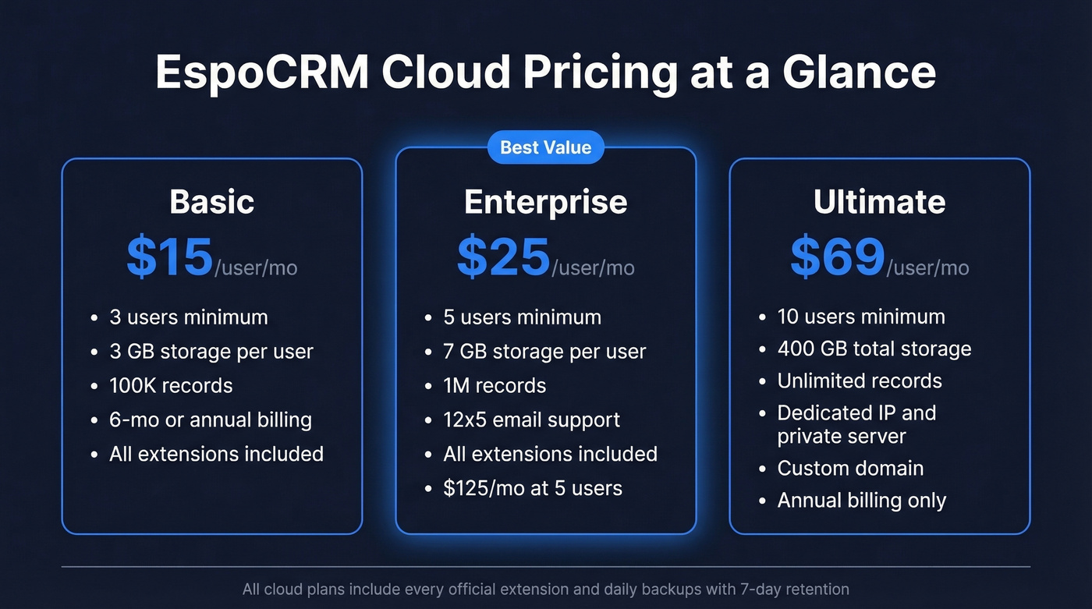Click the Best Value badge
(x=546, y=147)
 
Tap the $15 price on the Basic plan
(x=170, y=257)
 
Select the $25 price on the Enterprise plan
(x=504, y=257)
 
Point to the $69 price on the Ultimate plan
(x=838, y=257)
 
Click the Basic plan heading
(x=212, y=202)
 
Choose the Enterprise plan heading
(x=546, y=202)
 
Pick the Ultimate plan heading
(x=880, y=202)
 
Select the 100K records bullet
(x=171, y=385)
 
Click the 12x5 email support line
(x=532, y=420)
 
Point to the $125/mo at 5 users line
(x=533, y=488)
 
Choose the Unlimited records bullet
(x=860, y=381)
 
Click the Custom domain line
(x=850, y=468)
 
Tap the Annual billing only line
(x=862, y=500)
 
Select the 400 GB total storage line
(x=874, y=349)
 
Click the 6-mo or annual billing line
(x=211, y=420)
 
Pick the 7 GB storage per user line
(x=544, y=352)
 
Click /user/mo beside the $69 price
(x=928, y=267)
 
